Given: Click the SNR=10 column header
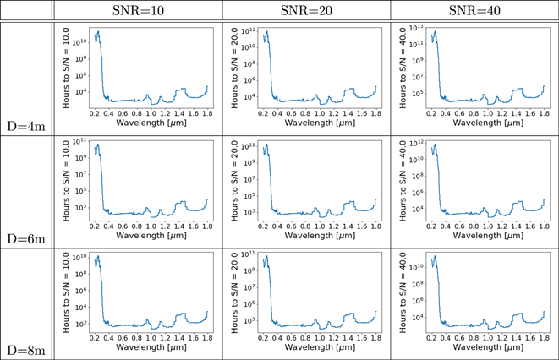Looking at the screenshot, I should click(139, 10).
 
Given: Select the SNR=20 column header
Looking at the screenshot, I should click(306, 10).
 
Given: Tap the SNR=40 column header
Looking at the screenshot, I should click(474, 10).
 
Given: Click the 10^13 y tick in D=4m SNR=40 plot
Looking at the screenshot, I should click(417, 28).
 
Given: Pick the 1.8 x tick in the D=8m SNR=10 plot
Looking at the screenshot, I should click(206, 337).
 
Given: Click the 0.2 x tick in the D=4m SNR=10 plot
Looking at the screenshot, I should click(94, 112).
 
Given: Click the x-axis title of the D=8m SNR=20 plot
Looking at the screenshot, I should click(316, 347).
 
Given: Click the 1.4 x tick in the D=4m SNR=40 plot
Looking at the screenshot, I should click(515, 112).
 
